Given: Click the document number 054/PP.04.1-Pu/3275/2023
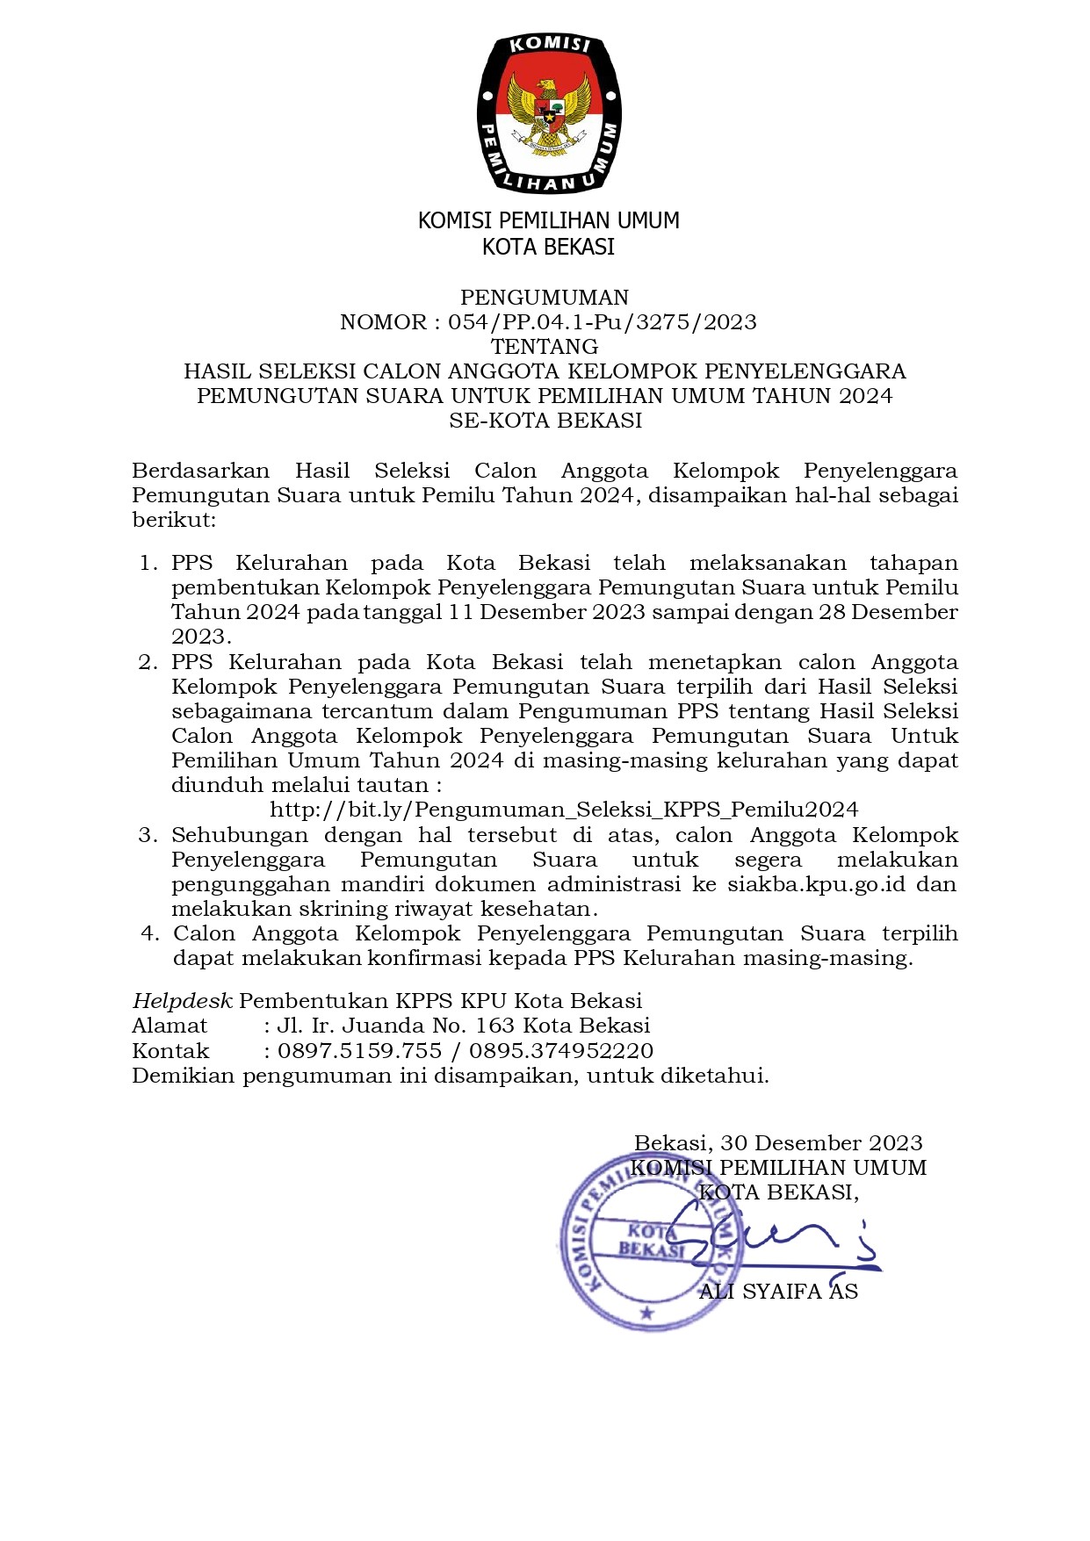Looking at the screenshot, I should [602, 322].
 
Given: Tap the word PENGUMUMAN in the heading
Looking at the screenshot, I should [545, 298].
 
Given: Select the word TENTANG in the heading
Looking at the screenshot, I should [545, 347].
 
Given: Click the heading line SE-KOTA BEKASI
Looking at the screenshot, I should [545, 421].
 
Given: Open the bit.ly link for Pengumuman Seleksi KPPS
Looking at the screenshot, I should [564, 810].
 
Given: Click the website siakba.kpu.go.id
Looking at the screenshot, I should [816, 884].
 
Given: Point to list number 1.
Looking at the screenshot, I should [148, 563].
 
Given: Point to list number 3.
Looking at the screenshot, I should [148, 835].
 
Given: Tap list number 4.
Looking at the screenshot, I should [149, 933].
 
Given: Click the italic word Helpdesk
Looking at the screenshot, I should [182, 1001].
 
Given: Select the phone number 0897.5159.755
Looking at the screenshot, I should [359, 1051].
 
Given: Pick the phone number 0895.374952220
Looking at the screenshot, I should [561, 1051].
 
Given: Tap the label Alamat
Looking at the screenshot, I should [170, 1026].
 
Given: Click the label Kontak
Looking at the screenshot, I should [170, 1051].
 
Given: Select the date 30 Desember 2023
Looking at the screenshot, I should [821, 1143].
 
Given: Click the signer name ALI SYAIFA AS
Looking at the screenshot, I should [778, 1292].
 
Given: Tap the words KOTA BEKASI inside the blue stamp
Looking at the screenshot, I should [651, 1240].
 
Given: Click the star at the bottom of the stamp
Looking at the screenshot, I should [647, 1314].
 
